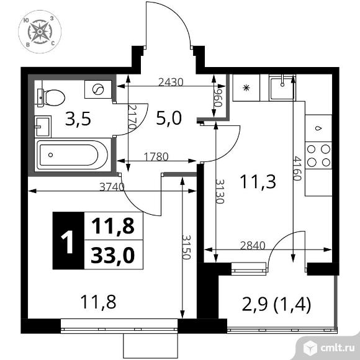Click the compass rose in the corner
pyautogui.click(x=40, y=32)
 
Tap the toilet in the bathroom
pyautogui.click(x=51, y=98)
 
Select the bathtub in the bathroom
pyautogui.click(x=72, y=155)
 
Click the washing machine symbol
pyautogui.click(x=98, y=89)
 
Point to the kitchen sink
pyautogui.click(x=282, y=88)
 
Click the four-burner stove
pyautogui.click(x=318, y=155)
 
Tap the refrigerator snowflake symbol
pyautogui.click(x=246, y=88)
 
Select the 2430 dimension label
pyautogui.click(x=171, y=82)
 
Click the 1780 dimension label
pyautogui.click(x=156, y=157)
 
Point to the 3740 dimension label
pyautogui.click(x=112, y=187)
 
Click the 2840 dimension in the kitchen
pyautogui.click(x=253, y=246)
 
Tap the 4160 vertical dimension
pyautogui.click(x=297, y=169)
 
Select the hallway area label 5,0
pyautogui.click(x=169, y=118)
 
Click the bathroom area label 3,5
pyautogui.click(x=78, y=119)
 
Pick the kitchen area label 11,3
pyautogui.click(x=258, y=181)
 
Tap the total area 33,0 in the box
pyautogui.click(x=112, y=255)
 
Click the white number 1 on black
pyautogui.click(x=68, y=242)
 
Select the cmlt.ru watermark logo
pyautogui.click(x=329, y=348)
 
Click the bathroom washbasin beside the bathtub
pyautogui.click(x=43, y=126)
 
